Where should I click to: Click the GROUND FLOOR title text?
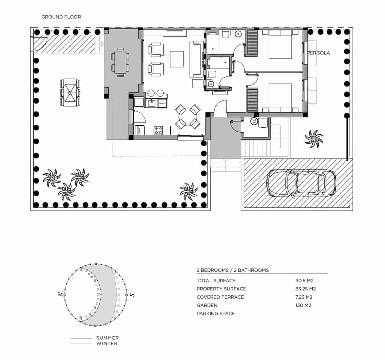61,17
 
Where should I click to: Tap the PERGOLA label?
319,53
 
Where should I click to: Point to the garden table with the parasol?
70,92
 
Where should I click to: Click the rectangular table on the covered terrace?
120,62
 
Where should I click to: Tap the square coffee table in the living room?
177,59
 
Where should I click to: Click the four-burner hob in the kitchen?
158,130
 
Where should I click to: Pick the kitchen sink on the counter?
152,103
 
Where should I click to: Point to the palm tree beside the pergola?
314,139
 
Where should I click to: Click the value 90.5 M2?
304,281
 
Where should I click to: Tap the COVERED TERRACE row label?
220,297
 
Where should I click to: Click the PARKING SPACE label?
216,313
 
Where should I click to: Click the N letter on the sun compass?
60,294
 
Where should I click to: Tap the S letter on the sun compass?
132,295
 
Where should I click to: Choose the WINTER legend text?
107,343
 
